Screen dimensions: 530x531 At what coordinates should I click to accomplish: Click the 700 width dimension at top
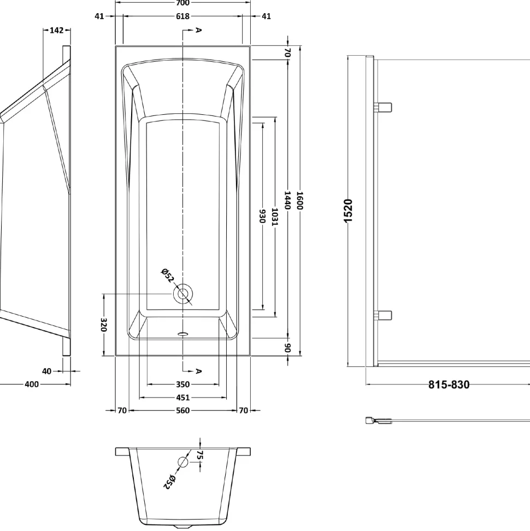(182, 3)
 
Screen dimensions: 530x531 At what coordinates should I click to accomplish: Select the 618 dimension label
(182, 16)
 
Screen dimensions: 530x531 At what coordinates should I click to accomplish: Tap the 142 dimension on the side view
(56, 30)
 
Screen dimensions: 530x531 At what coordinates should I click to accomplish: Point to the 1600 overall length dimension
(300, 201)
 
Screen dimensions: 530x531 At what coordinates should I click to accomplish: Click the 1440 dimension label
(287, 200)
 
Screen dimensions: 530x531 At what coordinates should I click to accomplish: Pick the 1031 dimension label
(275, 217)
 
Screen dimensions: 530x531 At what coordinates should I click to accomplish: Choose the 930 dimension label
(262, 217)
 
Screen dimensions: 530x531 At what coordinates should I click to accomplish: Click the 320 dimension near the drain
(104, 325)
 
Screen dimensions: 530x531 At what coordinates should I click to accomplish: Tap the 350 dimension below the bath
(182, 384)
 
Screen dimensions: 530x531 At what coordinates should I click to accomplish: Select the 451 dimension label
(182, 397)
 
